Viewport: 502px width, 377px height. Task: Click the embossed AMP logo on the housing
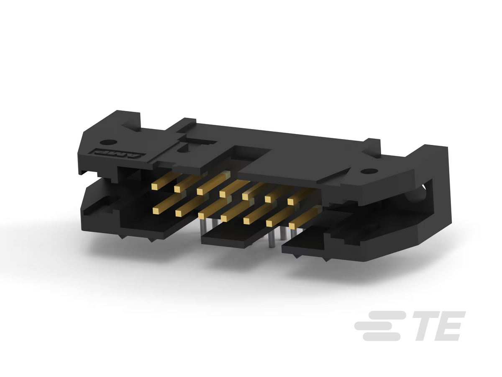tap(119, 153)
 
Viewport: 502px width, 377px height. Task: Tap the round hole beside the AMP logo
tap(109, 142)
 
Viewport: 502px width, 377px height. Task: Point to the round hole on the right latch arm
tap(369, 171)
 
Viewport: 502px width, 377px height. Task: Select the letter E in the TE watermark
tap(450, 326)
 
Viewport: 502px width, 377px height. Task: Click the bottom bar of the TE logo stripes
tap(382, 337)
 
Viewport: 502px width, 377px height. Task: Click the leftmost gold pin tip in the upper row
tap(155, 187)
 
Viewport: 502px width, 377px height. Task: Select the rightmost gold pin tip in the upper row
tap(291, 201)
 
